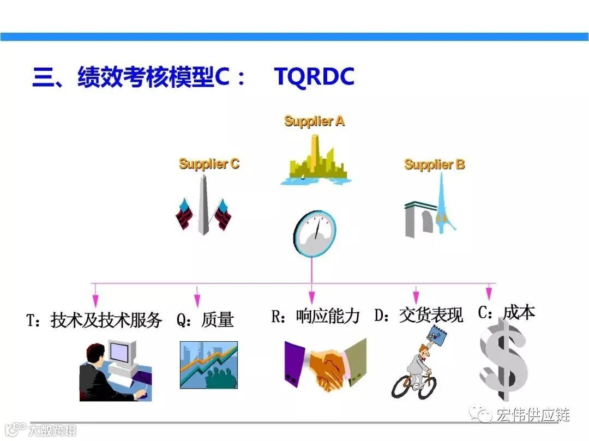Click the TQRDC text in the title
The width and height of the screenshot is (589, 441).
[x=314, y=77]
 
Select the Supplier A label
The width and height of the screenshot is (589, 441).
[x=314, y=121]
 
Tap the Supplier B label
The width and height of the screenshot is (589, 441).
[x=434, y=164]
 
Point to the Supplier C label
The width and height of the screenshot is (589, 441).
[x=209, y=164]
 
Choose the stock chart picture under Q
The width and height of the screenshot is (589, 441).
[x=208, y=365]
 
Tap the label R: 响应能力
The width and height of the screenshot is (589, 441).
[x=315, y=316]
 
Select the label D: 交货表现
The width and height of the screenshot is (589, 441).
[x=418, y=315]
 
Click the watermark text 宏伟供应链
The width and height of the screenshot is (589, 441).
[x=532, y=415]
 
